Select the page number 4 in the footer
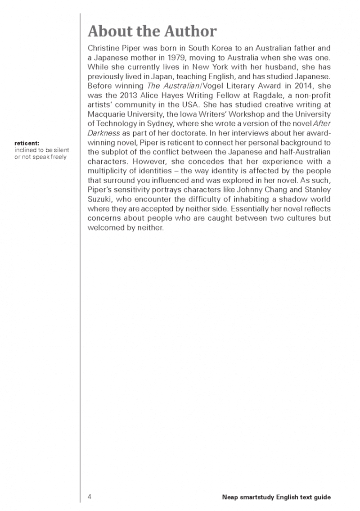(x=90, y=497)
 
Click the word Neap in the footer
(x=230, y=497)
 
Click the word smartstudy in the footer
(x=258, y=497)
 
